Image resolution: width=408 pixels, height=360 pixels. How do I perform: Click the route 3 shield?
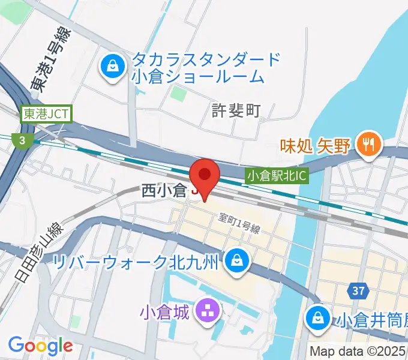click(22, 140)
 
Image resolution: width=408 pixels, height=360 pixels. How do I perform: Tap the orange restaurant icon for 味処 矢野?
click(365, 145)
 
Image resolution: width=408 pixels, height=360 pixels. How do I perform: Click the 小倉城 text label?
click(164, 312)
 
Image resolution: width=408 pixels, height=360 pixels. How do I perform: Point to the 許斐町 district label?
click(237, 110)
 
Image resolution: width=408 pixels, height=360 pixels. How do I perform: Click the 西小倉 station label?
click(164, 191)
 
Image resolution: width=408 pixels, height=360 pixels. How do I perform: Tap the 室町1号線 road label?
click(239, 223)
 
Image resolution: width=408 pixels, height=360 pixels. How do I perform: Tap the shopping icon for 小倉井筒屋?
click(316, 318)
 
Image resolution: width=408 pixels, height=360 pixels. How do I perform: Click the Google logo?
click(40, 346)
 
